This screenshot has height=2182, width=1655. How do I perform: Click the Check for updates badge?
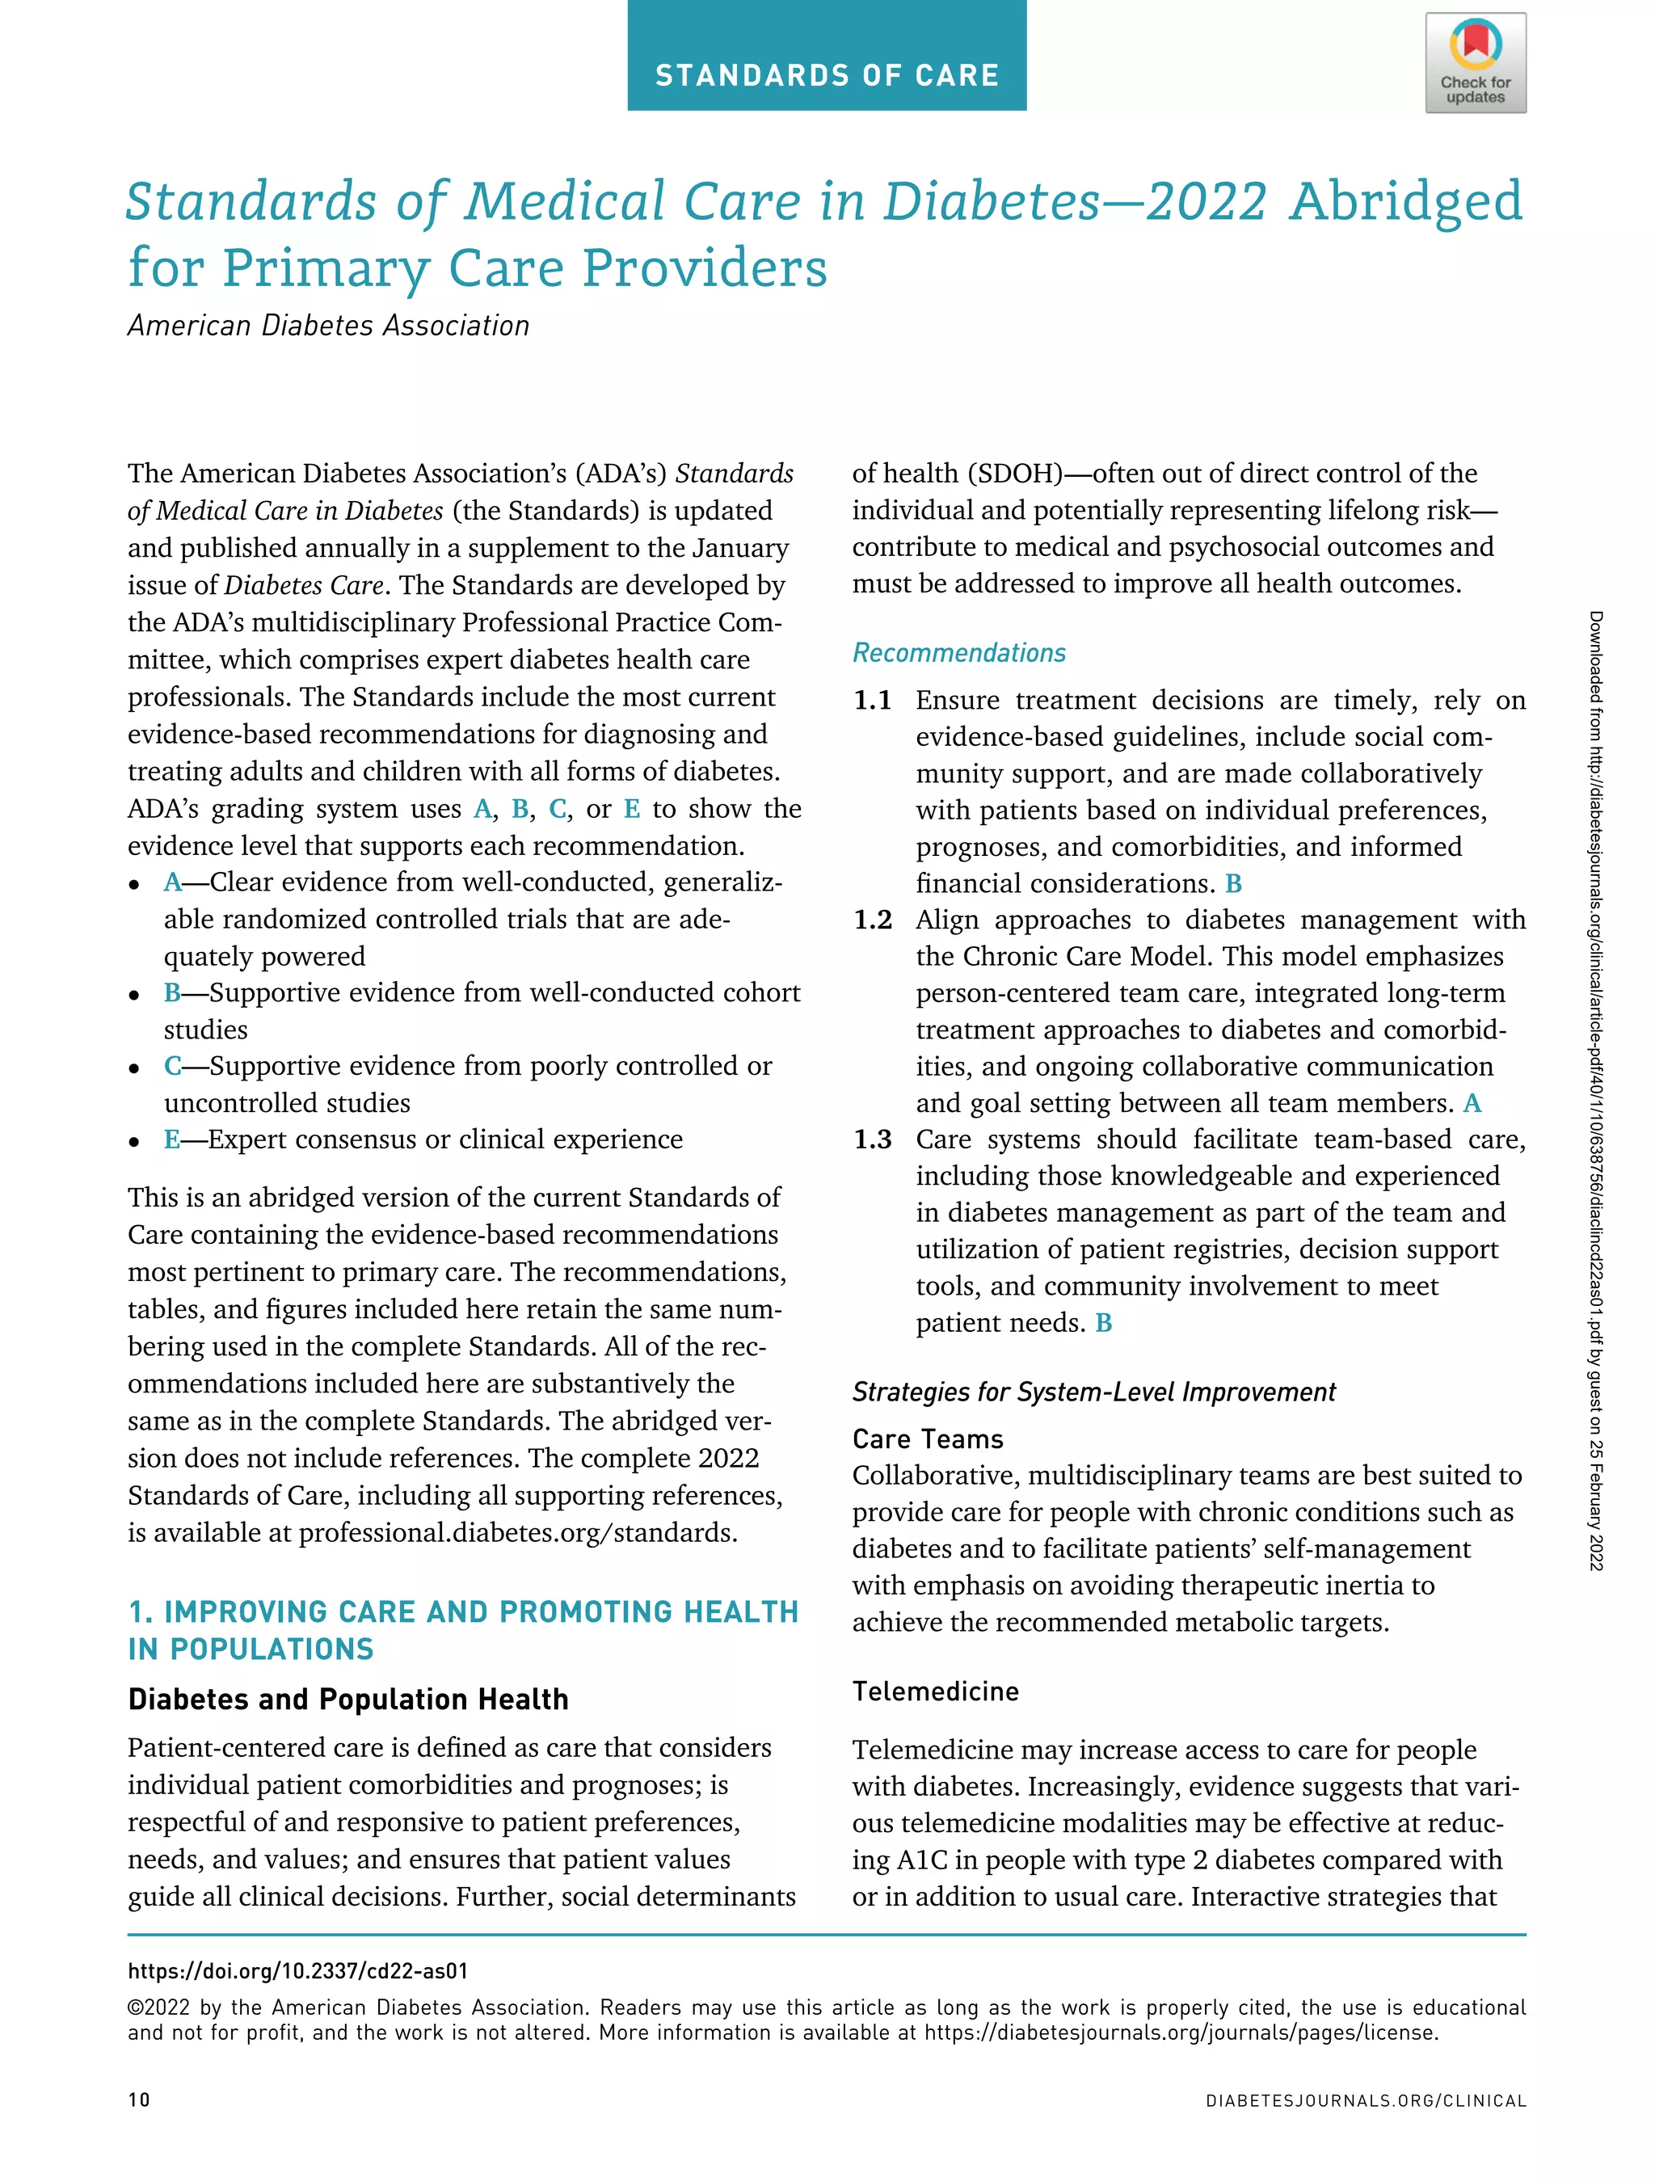click(x=1475, y=63)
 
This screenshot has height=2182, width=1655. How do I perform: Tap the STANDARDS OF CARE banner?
click(x=827, y=75)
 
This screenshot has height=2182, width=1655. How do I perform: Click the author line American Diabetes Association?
click(x=328, y=326)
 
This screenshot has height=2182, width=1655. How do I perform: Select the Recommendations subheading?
click(x=958, y=653)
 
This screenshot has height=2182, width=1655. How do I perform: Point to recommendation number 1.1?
click(x=872, y=701)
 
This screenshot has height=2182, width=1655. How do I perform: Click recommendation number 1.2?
click(x=872, y=920)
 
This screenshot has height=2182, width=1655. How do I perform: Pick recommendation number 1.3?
click(x=872, y=1139)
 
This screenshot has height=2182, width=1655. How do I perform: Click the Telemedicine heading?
click(x=935, y=1691)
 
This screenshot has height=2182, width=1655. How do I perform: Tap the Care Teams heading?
click(x=927, y=1439)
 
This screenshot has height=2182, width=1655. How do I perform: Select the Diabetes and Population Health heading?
click(x=348, y=1700)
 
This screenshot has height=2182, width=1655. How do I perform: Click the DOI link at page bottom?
click(x=298, y=1971)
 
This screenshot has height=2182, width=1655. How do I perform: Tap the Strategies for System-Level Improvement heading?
click(x=1093, y=1392)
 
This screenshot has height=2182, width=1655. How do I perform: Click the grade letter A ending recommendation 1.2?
click(x=1472, y=1103)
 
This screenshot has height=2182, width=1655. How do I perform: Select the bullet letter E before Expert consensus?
click(x=171, y=1139)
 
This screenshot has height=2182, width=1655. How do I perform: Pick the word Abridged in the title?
click(x=1405, y=201)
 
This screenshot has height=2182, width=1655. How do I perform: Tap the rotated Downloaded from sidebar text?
click(x=1595, y=1090)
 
